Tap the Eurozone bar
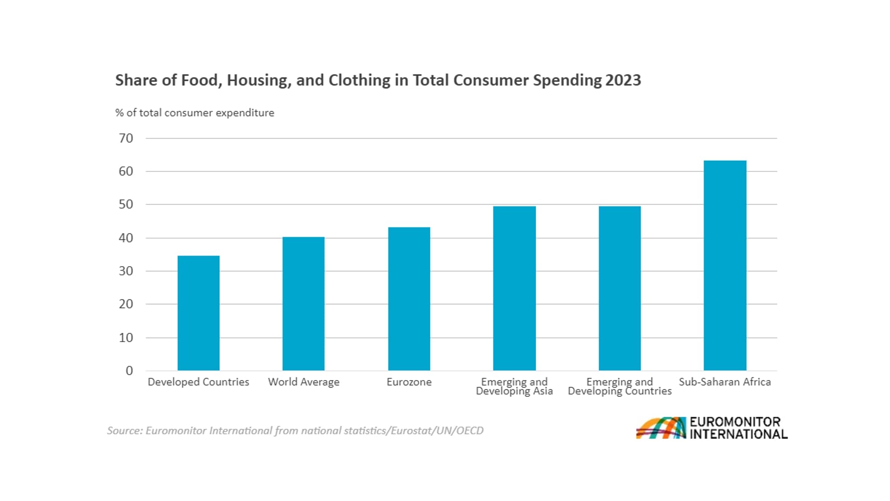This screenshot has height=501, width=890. [409, 299]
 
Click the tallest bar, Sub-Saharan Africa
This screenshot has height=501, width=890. [725, 265]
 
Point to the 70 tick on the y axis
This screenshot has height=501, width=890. [126, 138]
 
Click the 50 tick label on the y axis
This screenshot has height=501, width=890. [126, 204]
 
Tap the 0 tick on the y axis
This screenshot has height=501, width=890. [129, 371]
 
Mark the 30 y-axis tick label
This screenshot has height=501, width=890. [126, 271]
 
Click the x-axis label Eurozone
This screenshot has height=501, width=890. [409, 382]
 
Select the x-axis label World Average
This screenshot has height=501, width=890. [303, 382]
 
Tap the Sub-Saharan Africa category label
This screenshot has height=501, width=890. [724, 382]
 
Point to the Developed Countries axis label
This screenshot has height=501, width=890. [198, 382]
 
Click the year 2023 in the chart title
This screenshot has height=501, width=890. [623, 80]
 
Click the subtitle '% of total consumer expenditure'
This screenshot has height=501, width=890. [194, 113]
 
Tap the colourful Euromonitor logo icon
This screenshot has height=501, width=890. [661, 428]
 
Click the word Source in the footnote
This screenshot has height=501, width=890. [124, 431]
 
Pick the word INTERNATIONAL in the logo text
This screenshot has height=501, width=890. [738, 434]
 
